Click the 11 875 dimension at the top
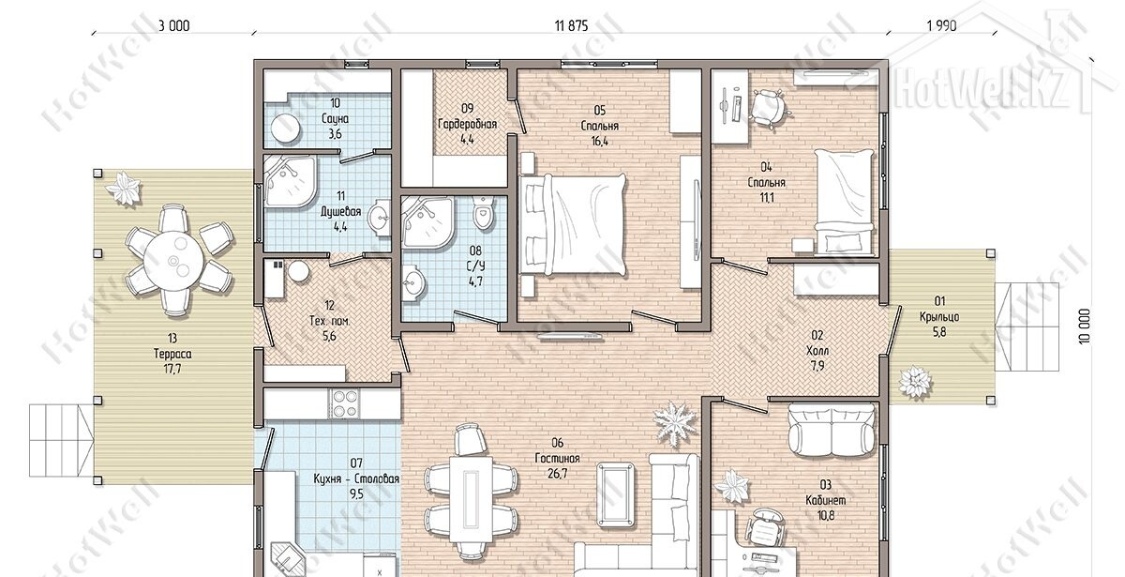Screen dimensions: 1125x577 (571, 25)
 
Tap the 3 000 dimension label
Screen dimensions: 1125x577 (173, 25)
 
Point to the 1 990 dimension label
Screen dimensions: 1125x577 (941, 25)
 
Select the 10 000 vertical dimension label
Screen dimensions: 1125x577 (1085, 326)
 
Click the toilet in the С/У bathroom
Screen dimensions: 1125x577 (484, 214)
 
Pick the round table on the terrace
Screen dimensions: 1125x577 (173, 261)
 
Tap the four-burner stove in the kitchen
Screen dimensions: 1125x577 (344, 404)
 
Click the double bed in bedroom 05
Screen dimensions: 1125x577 (574, 224)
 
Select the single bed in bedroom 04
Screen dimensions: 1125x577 (845, 201)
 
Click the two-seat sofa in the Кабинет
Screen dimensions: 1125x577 (832, 431)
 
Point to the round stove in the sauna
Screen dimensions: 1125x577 (286, 128)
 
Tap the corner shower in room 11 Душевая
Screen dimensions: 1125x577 (291, 181)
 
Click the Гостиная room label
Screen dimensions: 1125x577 (558, 459)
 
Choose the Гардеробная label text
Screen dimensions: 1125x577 (468, 124)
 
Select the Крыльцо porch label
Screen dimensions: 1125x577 (939, 317)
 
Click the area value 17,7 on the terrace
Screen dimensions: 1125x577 (172, 370)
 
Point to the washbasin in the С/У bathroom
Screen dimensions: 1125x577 (413, 283)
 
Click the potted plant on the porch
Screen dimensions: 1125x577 (915, 384)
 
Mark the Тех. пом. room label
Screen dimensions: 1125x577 (329, 321)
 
